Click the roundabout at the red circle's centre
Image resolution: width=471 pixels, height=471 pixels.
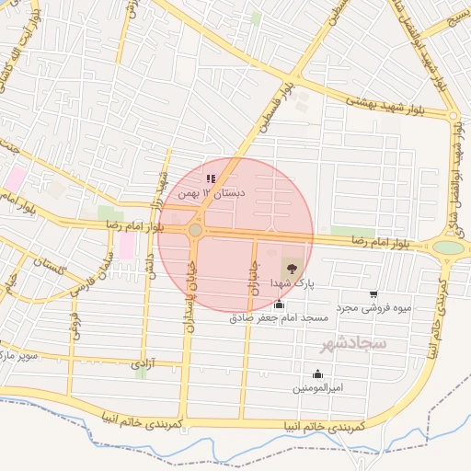[x=195, y=230]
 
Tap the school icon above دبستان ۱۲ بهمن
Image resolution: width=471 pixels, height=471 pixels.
[x=211, y=178]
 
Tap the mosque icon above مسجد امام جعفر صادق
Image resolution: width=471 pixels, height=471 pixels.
[x=280, y=304]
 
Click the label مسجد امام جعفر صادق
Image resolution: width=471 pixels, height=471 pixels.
[x=279, y=317]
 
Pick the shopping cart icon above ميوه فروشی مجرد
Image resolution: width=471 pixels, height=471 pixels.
[x=373, y=294]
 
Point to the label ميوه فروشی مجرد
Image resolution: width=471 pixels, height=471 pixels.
[x=371, y=307]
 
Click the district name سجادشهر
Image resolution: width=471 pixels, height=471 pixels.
[x=352, y=345]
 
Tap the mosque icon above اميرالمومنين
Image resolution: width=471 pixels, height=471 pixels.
[x=317, y=373]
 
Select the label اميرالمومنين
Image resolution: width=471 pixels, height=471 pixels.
[x=318, y=387]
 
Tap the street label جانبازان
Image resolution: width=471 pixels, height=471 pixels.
[x=252, y=276]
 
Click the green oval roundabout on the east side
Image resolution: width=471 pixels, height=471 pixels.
[x=448, y=247]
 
